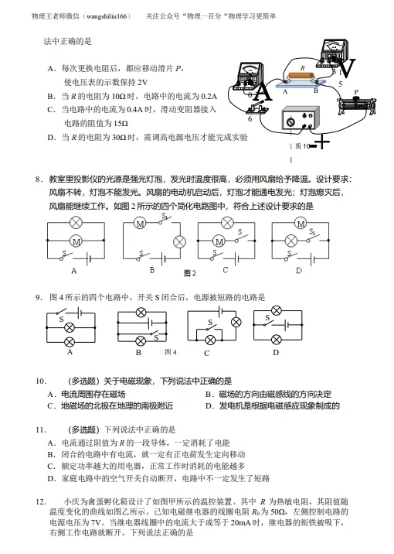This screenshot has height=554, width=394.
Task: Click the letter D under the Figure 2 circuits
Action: [298, 271]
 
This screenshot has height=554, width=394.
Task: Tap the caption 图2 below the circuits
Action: [190, 273]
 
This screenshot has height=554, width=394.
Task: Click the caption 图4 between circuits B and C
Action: [172, 352]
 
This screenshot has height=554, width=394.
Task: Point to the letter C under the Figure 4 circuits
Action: [207, 354]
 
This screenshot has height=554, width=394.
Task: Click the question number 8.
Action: [38, 180]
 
